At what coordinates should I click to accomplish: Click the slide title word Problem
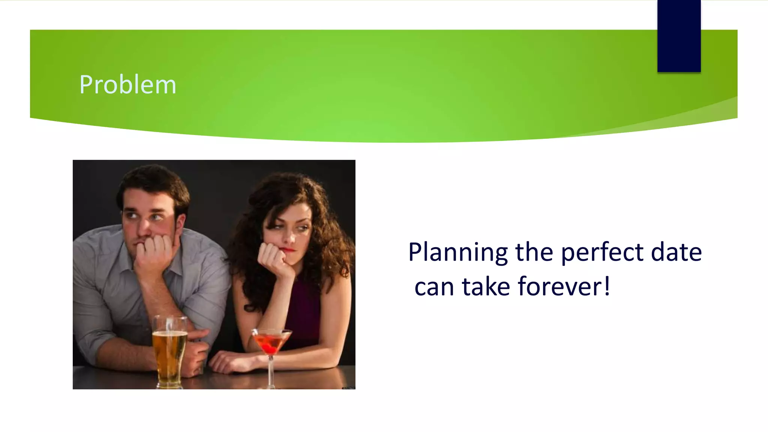click(x=127, y=85)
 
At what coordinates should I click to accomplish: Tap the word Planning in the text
click(x=458, y=252)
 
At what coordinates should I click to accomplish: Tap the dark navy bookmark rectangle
click(x=679, y=36)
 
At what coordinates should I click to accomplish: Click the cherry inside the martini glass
click(x=269, y=345)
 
